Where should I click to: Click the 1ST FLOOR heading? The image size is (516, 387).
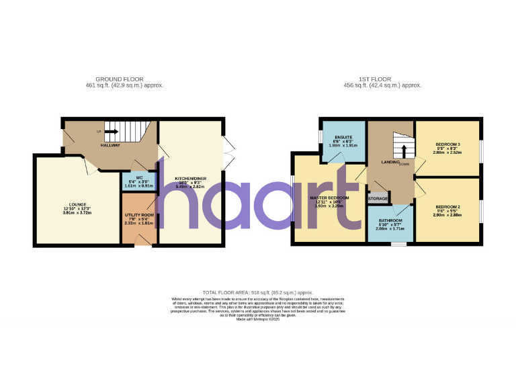coord(382,79)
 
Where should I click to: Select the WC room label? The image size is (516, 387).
coord(138,177)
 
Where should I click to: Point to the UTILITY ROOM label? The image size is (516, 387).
coord(139,215)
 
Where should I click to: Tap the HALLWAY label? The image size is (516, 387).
coord(110,145)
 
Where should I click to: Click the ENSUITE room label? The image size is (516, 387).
coord(343,138)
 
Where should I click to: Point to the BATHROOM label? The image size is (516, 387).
coord(390,220)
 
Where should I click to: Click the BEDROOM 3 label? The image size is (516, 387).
coord(447,144)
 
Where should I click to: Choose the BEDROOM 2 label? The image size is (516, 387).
coord(447,206)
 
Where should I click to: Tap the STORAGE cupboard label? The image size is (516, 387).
coord(378,198)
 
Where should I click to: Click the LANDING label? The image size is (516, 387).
coord(390,162)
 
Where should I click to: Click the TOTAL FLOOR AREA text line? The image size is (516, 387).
coord(258,293)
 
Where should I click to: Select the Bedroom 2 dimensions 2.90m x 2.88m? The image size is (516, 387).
coord(447,215)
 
